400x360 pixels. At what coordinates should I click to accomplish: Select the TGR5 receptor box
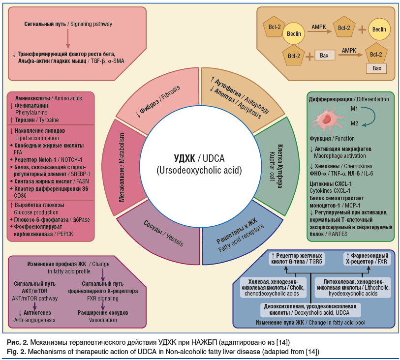pyautogui.click(x=297, y=259)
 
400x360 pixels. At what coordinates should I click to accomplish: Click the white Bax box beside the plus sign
pyautogui.click(x=324, y=56)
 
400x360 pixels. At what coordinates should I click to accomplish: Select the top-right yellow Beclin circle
pyautogui.click(x=378, y=30)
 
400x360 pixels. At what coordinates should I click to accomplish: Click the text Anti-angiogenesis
pyautogui.click(x=34, y=320)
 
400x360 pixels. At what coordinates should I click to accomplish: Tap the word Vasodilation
pyautogui.click(x=103, y=320)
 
